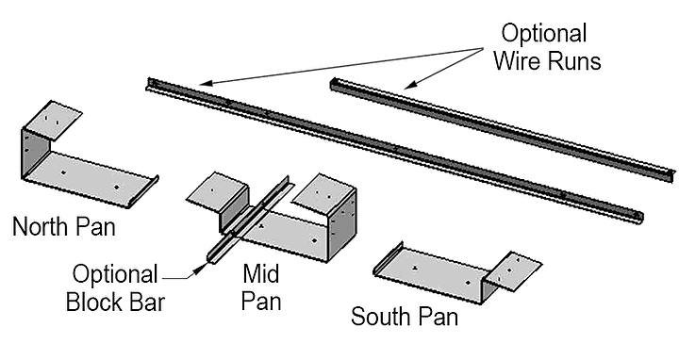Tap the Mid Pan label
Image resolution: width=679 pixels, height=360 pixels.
point(260,287)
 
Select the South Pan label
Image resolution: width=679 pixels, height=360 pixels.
point(405,316)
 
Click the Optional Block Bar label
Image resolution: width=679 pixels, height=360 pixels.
point(116,290)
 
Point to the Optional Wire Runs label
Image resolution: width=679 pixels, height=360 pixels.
point(543,47)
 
